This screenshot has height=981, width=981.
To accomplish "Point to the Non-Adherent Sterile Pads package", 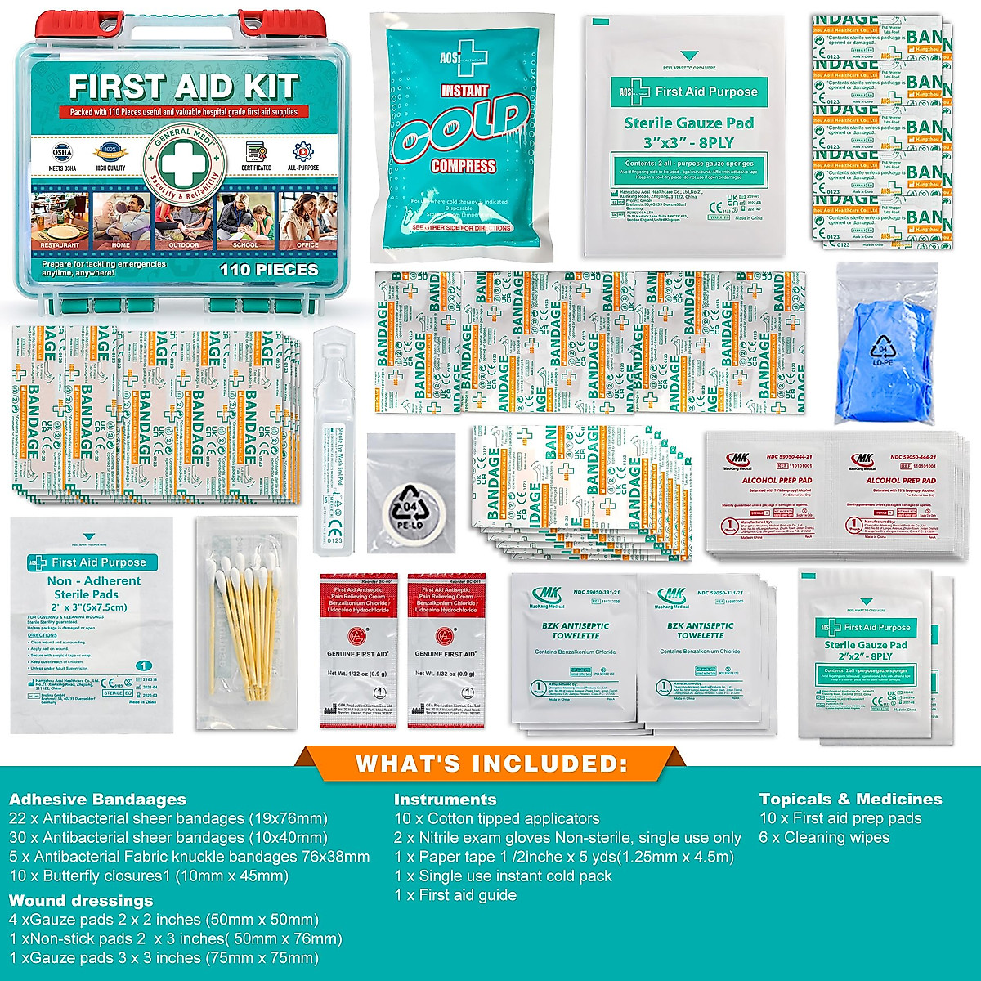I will [92, 625].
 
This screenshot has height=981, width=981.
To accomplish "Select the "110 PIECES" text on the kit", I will [268, 269].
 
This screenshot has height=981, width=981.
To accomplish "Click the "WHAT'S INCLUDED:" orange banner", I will [490, 764].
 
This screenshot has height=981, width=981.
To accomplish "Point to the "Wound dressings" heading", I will [81, 900].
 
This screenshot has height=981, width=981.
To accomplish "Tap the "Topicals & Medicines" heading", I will [850, 800].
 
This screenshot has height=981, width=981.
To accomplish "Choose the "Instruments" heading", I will [445, 800].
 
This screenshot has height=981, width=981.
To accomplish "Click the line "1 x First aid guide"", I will [455, 895].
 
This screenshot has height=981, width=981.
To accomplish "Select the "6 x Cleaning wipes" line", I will [824, 837].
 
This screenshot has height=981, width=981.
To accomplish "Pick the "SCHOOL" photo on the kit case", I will [244, 221].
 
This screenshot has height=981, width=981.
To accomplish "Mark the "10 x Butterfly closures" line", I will [149, 876].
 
